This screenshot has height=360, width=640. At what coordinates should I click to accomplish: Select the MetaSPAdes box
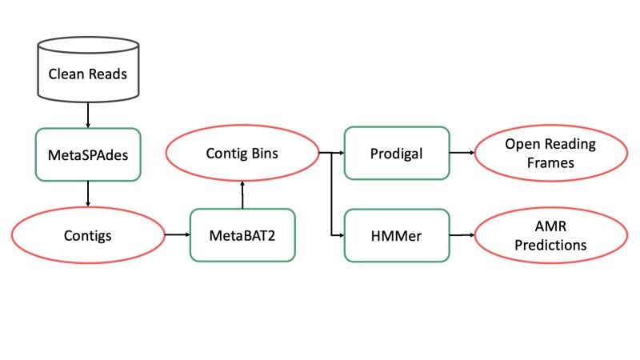[87, 154]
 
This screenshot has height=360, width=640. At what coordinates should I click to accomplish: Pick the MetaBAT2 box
[242, 235]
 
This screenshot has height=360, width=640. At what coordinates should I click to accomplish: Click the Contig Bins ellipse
[242, 152]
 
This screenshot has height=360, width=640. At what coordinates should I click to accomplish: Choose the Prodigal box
[397, 152]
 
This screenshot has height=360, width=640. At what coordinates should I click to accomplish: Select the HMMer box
[397, 235]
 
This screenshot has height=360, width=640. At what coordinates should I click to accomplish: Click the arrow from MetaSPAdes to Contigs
[87, 194]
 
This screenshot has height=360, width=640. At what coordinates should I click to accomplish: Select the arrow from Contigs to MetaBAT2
[176, 235]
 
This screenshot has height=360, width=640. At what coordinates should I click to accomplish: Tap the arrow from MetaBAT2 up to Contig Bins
[242, 195]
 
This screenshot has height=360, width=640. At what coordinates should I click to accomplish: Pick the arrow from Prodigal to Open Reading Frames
[462, 152]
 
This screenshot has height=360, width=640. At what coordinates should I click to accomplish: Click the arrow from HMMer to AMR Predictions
[462, 235]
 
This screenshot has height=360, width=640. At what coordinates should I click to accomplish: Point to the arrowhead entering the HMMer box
[340, 235]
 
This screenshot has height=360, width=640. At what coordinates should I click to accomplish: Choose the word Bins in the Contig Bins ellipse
[264, 152]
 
